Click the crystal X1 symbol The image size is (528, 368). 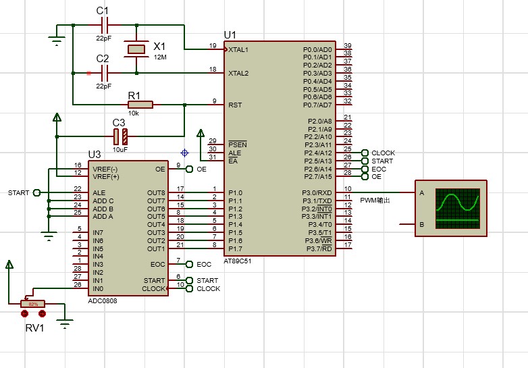(x=137, y=49)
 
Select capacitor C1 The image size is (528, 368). (x=104, y=26)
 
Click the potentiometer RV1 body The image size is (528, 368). (x=32, y=304)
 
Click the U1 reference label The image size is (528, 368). (x=230, y=35)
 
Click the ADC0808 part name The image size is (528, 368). (x=103, y=300)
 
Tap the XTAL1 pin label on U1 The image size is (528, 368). (x=238, y=50)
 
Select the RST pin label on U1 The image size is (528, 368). (x=235, y=105)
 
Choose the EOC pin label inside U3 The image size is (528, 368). (x=157, y=264)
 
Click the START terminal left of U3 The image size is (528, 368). (x=36, y=192)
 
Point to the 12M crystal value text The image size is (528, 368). (x=160, y=57)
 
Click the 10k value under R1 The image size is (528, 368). (x=134, y=113)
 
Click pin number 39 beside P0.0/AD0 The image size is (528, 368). (x=347, y=45)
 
